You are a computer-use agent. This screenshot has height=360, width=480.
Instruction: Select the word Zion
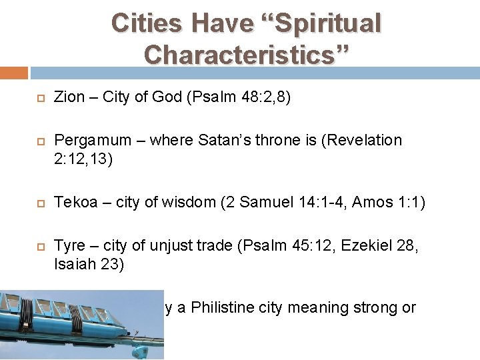[x=69, y=97]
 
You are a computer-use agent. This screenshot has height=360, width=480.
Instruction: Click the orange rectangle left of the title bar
[x=13, y=72]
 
